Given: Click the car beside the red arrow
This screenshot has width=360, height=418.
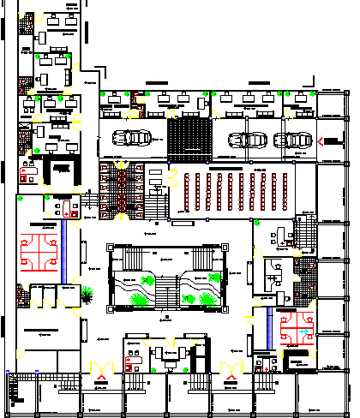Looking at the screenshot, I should pos(297,140).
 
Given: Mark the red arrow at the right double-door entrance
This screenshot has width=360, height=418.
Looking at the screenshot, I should pos(230,369).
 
